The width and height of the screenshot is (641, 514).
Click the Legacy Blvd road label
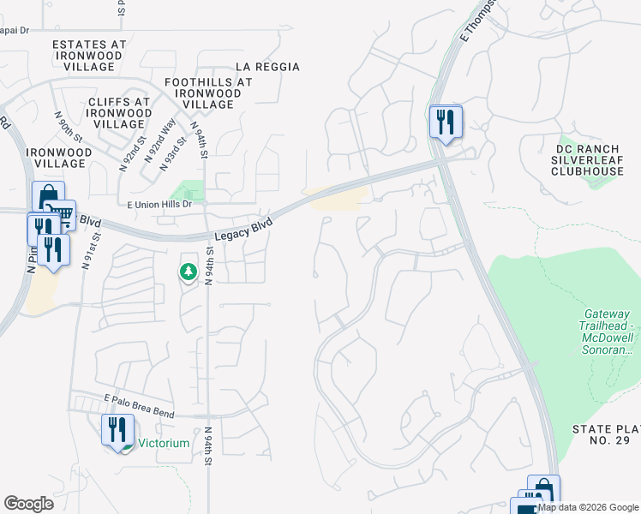coord(243,229)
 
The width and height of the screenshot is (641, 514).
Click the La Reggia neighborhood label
coord(267,67)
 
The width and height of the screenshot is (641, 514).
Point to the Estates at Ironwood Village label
coord(89,55)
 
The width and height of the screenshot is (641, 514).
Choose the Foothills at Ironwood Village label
coord(208,93)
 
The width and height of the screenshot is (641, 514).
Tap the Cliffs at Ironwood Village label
coord(119,112)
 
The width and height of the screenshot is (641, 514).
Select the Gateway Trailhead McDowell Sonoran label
coord(604,333)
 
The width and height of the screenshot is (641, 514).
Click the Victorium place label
coord(165,444)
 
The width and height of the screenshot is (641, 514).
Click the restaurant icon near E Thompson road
coord(445,122)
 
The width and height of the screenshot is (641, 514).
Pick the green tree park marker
coord(188,272)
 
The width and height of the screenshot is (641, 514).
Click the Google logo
coord(28,504)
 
